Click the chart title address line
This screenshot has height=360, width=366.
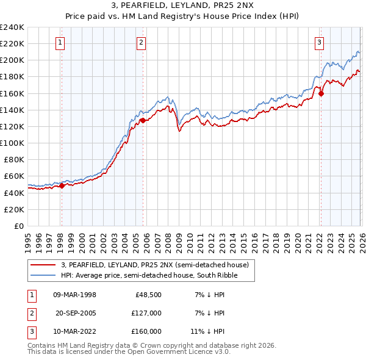pos(182,5)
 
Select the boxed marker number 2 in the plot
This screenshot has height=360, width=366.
pos(141,42)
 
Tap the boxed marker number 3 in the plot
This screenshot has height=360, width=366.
pos(319,42)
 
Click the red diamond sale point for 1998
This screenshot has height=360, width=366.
pos(62,186)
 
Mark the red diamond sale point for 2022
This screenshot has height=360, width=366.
pos(321,93)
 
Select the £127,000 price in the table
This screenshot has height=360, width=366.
pos(146,313)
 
